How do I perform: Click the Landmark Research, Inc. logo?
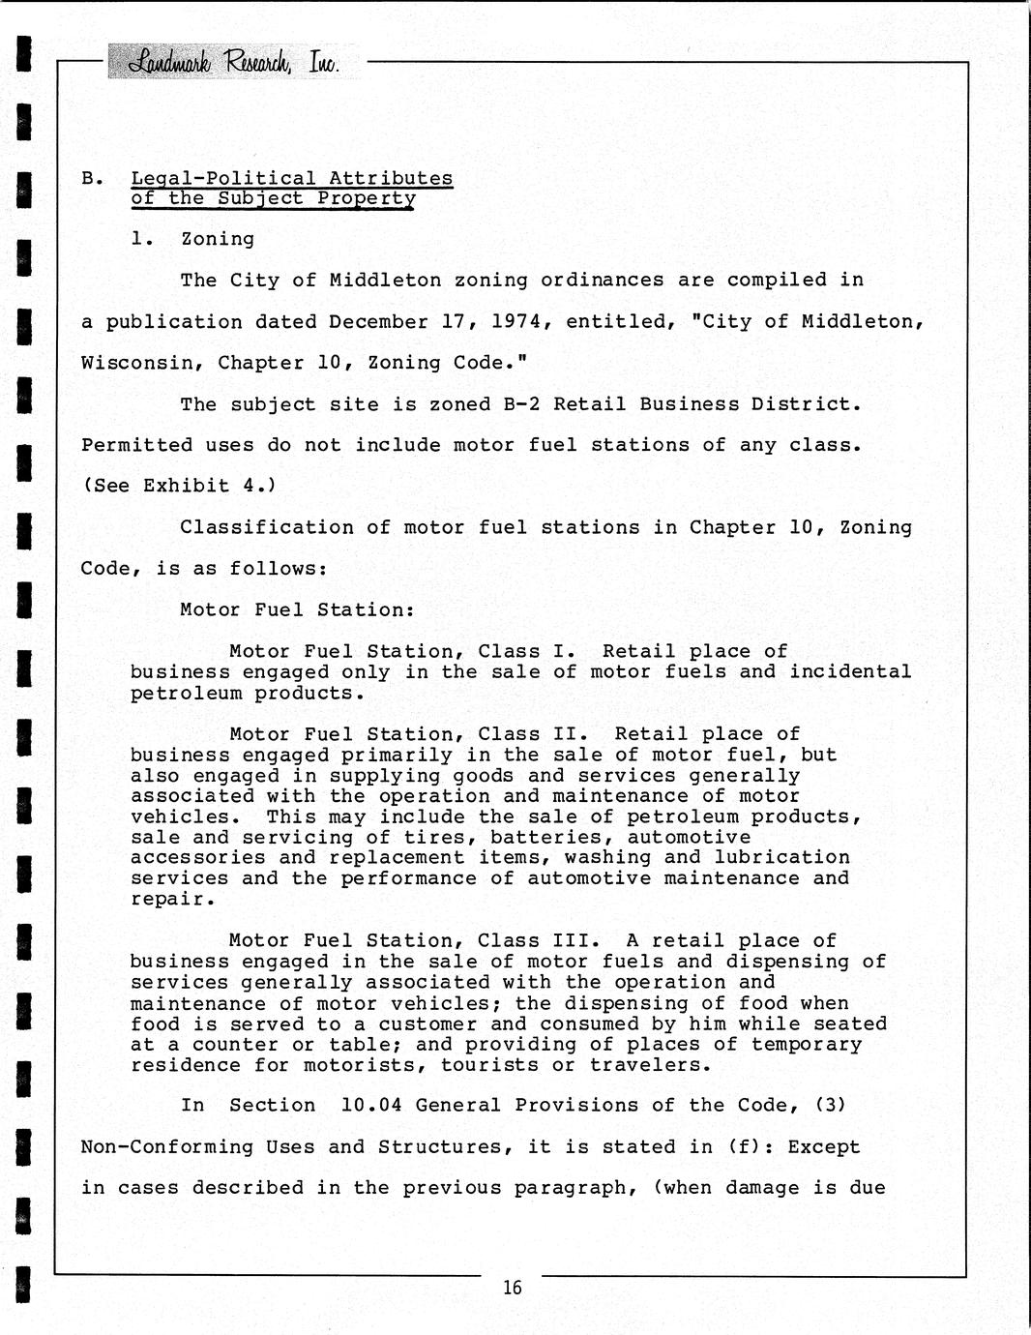[233, 62]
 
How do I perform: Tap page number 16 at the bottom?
[512, 1288]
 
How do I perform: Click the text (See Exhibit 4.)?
[179, 486]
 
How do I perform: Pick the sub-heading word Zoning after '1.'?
[218, 239]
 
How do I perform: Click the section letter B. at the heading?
[92, 179]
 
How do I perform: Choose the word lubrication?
[781, 858]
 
